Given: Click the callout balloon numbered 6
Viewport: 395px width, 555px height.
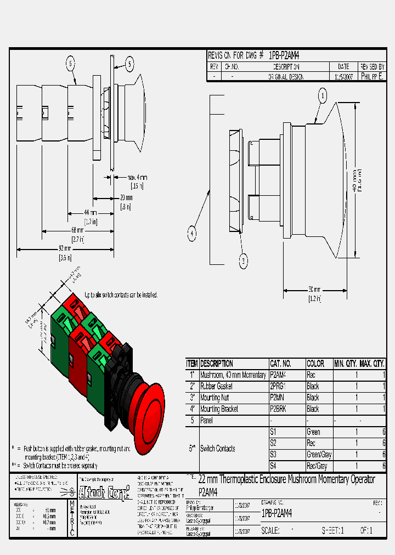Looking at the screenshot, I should click(x=71, y=64).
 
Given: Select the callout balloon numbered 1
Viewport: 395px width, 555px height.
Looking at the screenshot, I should click(x=323, y=96).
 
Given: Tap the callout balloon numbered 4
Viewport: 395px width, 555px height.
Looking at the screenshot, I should click(x=192, y=234).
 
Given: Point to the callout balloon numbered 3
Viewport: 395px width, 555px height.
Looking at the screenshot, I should click(x=244, y=262).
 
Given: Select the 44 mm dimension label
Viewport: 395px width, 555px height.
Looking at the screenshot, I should click(x=91, y=212).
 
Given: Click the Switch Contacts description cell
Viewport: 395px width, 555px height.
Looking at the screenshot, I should click(x=218, y=449).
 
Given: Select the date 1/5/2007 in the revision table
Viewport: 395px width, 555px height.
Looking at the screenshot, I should click(x=343, y=77).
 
